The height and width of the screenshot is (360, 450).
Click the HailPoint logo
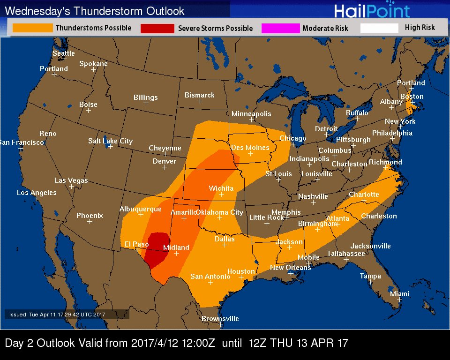click(372, 11)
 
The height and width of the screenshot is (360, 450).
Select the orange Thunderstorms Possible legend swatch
click(33, 28)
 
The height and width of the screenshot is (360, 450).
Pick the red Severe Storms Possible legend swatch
click(157, 29)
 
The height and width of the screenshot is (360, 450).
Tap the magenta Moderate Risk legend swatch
click(280, 29)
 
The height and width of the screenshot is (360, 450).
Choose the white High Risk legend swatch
click(379, 28)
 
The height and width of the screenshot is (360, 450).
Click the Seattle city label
click(63, 53)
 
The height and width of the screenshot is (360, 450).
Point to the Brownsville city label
click(220, 319)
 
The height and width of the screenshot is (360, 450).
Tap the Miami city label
click(399, 294)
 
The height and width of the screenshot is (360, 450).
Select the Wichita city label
click(221, 188)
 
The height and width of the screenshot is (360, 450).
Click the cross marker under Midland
click(176, 253)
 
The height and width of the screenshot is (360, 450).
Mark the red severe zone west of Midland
click(157, 248)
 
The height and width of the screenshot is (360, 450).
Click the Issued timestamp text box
click(60, 315)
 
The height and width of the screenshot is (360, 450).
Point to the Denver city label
click(165, 161)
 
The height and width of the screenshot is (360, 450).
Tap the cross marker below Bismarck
click(200, 101)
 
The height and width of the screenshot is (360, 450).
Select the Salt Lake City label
click(110, 141)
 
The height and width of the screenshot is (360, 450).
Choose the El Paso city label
click(136, 244)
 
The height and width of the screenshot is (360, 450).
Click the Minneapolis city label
click(251, 114)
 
